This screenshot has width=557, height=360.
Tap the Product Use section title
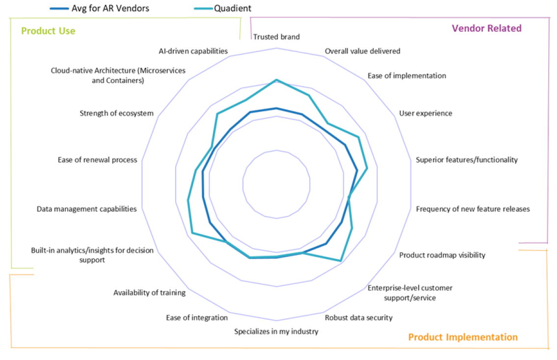coord(48,31)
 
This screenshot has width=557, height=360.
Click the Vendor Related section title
coord(486,28)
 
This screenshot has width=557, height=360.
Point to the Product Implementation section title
coord(463,337)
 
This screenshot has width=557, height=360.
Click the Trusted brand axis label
coord(276,37)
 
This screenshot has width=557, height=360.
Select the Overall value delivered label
coord(363,51)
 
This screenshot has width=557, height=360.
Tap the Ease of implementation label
coord(407,76)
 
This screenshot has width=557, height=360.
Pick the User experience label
coord(425,113)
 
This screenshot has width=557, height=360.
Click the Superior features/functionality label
coord(467,160)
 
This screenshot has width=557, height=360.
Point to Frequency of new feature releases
coord(473,209)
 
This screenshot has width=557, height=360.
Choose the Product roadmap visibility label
coord(442,255)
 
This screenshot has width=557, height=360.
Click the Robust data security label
coord(359,317)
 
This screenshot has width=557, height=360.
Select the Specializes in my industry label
coord(276,332)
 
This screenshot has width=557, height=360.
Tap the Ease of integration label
coord(197,317)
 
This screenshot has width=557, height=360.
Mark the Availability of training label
coord(149,293)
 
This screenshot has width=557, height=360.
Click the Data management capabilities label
coord(86,209)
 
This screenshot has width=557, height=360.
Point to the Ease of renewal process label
coord(97,160)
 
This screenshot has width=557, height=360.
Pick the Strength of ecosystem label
coord(116,113)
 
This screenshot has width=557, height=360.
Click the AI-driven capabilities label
coord(193,51)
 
